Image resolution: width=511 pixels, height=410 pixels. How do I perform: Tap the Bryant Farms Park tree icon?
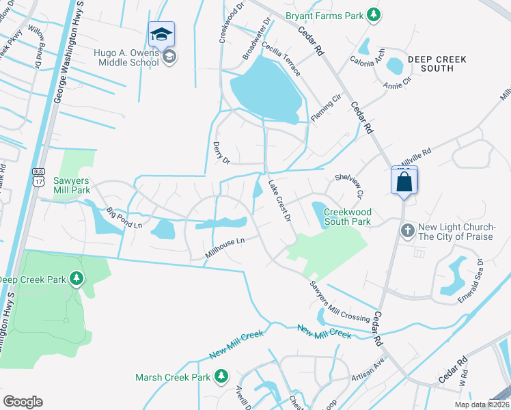point(373,14)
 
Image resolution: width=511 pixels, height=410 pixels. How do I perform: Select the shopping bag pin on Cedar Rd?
point(404,181)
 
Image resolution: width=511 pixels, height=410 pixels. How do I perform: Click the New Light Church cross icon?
point(408,230)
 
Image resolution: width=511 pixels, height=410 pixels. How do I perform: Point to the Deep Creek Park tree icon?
point(77,279)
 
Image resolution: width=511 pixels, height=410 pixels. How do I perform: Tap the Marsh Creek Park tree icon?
point(221,376)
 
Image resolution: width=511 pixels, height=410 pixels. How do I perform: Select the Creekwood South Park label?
point(346,217)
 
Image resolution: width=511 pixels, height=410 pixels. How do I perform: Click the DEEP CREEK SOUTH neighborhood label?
point(437,64)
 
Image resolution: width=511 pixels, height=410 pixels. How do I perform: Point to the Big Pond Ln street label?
point(124,218)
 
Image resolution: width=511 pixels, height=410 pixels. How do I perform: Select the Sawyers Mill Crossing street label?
point(340,301)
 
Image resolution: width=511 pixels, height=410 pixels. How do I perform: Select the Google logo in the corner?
point(23,402)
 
